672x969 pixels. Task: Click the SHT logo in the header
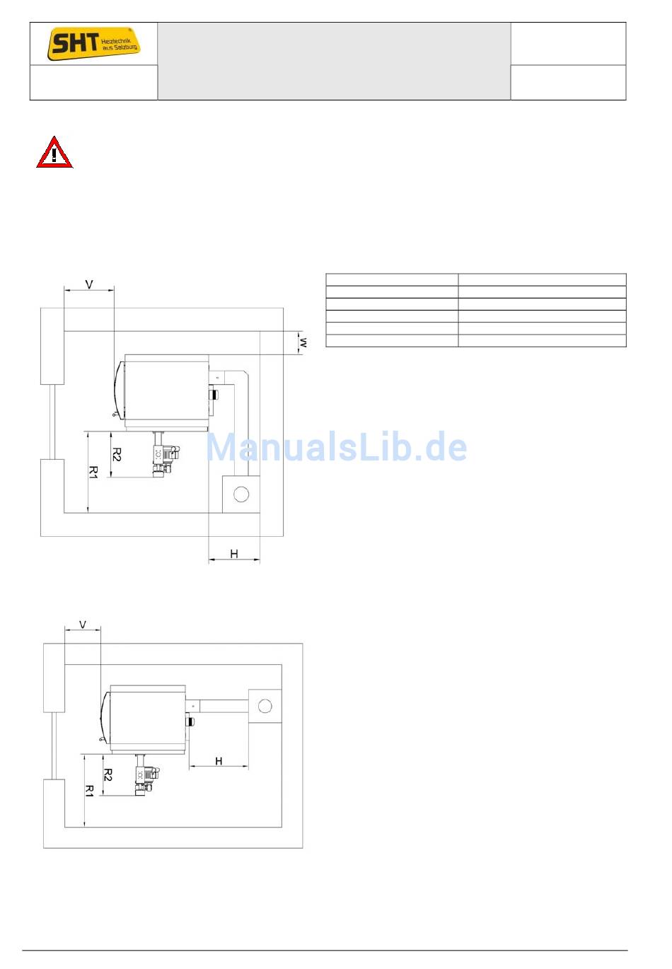pyautogui.click(x=93, y=44)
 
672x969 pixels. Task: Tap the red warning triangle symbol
pyautogui.click(x=54, y=152)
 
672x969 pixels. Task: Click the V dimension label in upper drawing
pyautogui.click(x=88, y=284)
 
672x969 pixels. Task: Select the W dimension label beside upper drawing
pyautogui.click(x=303, y=342)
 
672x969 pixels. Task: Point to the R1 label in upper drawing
pyautogui.click(x=93, y=472)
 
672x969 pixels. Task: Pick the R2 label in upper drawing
pyautogui.click(x=117, y=454)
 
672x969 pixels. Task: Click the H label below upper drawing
pyautogui.click(x=233, y=554)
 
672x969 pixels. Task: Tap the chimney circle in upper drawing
pyautogui.click(x=241, y=494)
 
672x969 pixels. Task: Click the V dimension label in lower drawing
pyautogui.click(x=83, y=625)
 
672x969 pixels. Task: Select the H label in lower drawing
pyautogui.click(x=219, y=761)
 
